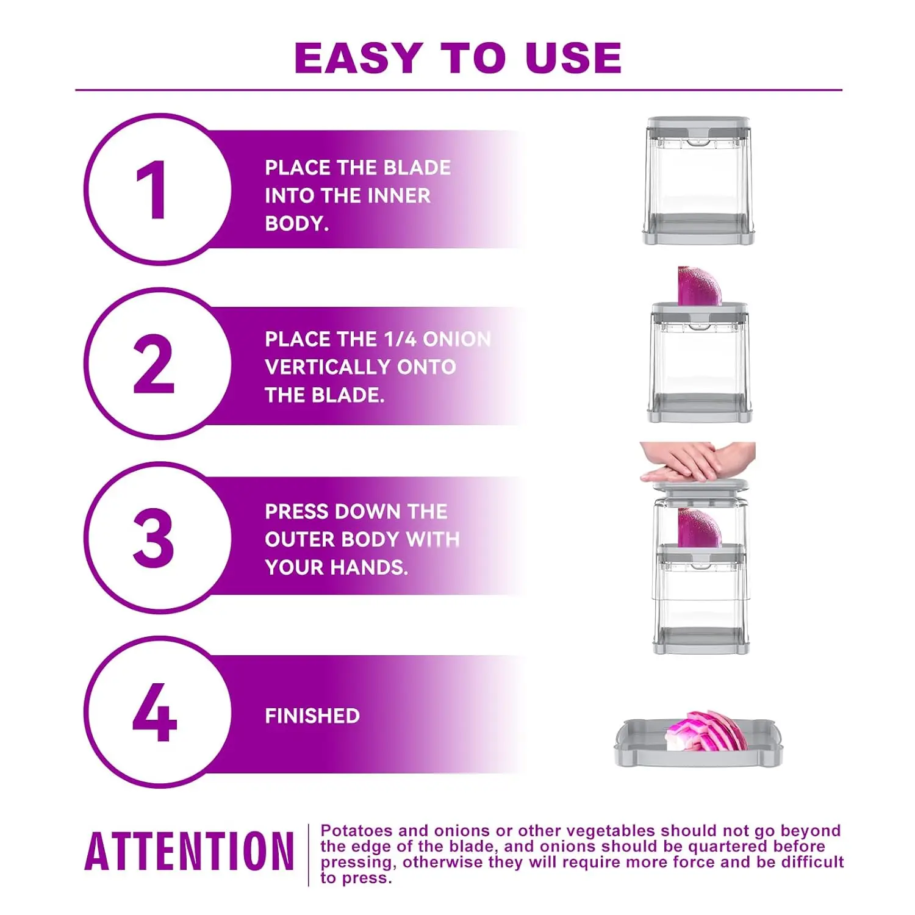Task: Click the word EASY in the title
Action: (359, 58)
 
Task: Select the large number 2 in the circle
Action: (154, 364)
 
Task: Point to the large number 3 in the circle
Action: (153, 537)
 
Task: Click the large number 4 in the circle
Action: (154, 711)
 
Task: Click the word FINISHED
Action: (312, 716)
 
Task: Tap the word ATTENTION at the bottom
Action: (189, 852)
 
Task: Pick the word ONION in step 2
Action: (457, 339)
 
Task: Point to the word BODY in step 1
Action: (296, 224)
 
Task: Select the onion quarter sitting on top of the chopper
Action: (700, 285)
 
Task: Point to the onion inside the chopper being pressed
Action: (700, 527)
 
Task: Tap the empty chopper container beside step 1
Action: (699, 181)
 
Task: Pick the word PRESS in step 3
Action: (297, 512)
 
